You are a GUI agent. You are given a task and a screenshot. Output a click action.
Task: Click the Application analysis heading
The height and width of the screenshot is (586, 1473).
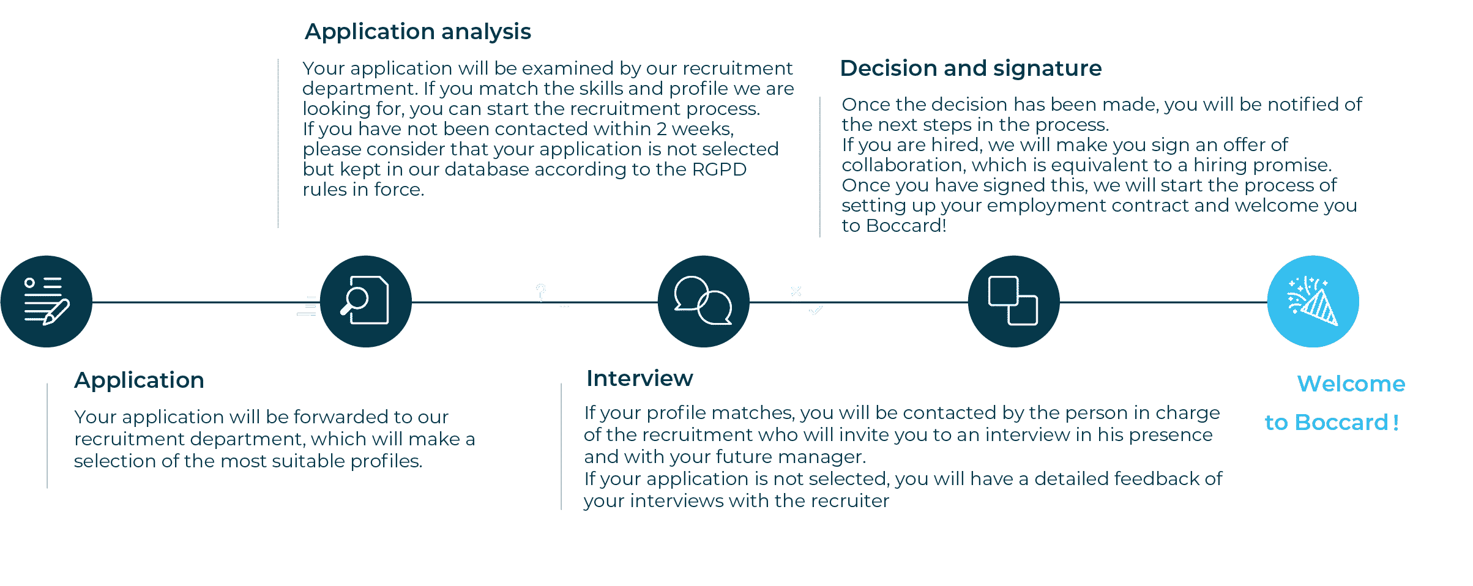pos(418,32)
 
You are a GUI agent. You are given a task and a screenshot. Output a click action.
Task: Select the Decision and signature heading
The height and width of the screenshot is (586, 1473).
pos(971,69)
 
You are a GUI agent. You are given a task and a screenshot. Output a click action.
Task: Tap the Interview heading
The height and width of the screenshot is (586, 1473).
pos(640,379)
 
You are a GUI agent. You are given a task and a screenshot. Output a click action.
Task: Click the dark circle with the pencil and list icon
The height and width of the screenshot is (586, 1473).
pos(47,302)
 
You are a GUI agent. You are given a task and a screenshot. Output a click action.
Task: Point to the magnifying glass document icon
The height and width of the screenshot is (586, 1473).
pos(366,302)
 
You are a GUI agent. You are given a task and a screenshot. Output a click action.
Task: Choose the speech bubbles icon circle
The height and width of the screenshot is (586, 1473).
pos(704,302)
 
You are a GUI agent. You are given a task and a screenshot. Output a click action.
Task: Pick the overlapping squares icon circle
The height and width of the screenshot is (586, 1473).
pos(1014,302)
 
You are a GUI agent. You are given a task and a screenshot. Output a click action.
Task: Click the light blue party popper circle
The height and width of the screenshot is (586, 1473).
pos(1313,302)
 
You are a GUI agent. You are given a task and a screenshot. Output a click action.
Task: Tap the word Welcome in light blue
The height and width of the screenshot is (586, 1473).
pos(1351,384)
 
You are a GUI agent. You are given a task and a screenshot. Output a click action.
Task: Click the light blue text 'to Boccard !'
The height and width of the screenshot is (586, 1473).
pos(1332,423)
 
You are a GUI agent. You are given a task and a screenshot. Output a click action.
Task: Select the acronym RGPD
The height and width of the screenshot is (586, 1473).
pos(719,169)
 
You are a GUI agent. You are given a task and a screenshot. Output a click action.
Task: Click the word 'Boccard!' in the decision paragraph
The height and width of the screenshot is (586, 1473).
pos(906,226)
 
